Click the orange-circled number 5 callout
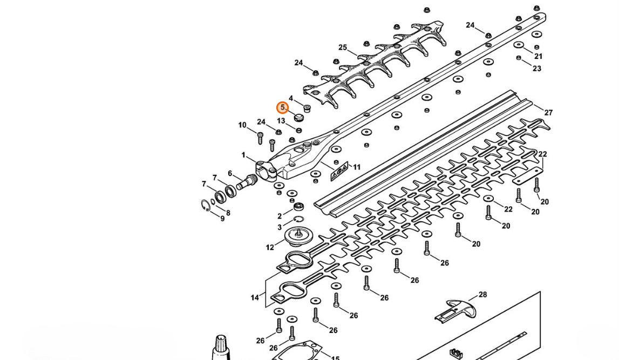pyautogui.click(x=282, y=107)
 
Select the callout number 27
pyautogui.click(x=548, y=112)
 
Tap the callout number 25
pyautogui.click(x=343, y=47)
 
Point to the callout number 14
pyautogui.click(x=255, y=297)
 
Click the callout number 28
pyautogui.click(x=482, y=295)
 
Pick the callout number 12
pyautogui.click(x=270, y=248)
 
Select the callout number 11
pyautogui.click(x=357, y=167)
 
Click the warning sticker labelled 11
pyautogui.click(x=339, y=171)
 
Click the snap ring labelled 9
pyautogui.click(x=206, y=205)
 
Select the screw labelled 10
pyautogui.click(x=260, y=138)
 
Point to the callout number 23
pyautogui.click(x=537, y=69)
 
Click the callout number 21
pyautogui.click(x=539, y=57)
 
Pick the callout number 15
pyautogui.click(x=335, y=358)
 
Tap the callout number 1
pyautogui.click(x=243, y=155)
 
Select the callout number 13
pyautogui.click(x=281, y=121)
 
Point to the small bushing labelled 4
pyautogui.click(x=307, y=108)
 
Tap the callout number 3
pyautogui.click(x=280, y=227)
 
